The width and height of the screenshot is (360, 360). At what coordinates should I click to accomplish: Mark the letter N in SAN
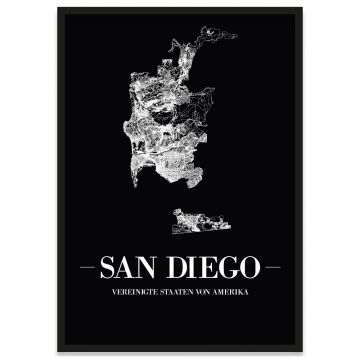point(154,267)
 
